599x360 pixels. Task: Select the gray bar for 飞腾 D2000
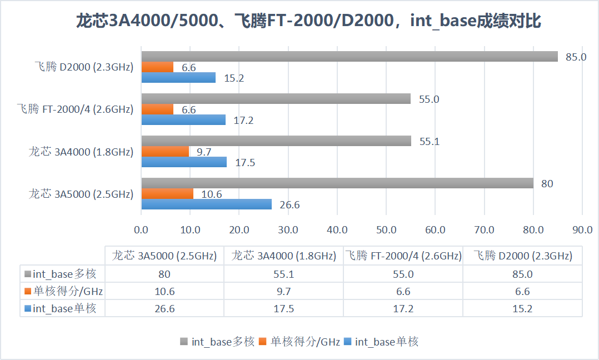[x=349, y=57]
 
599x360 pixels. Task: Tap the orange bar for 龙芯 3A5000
[x=167, y=193]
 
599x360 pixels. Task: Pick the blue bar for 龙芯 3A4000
[x=184, y=162]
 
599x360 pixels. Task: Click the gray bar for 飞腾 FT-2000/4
[x=276, y=99]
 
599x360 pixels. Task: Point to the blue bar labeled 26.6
[x=206, y=204]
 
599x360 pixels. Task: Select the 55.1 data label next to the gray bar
[x=429, y=142]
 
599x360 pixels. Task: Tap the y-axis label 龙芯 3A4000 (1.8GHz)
[x=81, y=152]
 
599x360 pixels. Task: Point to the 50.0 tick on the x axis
[x=386, y=230]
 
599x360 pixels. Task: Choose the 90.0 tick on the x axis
[x=582, y=230]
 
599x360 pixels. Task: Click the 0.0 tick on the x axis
[x=141, y=230]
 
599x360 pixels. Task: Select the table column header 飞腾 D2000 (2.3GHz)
[x=522, y=256]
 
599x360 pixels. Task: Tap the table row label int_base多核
[x=62, y=274]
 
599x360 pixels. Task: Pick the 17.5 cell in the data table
[x=283, y=309]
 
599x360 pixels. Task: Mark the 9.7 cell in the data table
[x=283, y=292]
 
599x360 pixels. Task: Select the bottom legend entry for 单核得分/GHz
[x=299, y=342]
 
